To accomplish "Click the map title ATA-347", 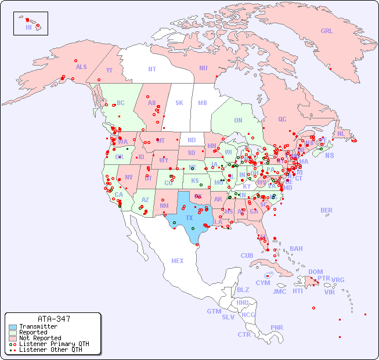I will click(53, 319).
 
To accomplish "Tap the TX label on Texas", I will click(189, 218).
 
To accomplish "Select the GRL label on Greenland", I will click(327, 31).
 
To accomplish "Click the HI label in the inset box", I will click(28, 27).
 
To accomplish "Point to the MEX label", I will click(178, 261).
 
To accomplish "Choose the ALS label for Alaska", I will click(81, 67).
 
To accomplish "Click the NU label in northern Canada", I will click(203, 68).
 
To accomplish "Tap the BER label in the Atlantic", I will click(327, 210).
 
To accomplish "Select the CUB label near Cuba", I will click(247, 255).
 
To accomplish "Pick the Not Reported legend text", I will click(39, 338).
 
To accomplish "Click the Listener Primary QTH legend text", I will click(54, 344).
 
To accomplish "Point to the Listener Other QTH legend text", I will click(50, 350).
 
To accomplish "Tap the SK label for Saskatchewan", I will click(179, 103).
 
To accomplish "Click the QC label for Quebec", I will click(282, 119).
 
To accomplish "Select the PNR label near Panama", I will click(277, 327).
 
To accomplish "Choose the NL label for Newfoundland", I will click(341, 134).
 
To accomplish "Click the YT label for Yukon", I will click(109, 70).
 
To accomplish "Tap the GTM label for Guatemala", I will click(214, 311).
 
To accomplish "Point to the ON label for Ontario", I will click(238, 120).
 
